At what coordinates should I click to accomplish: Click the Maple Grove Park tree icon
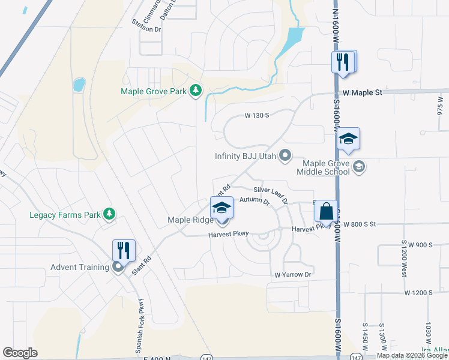[x=195, y=91]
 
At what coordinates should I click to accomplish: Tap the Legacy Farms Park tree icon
[x=109, y=214]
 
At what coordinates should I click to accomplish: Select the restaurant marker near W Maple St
[x=343, y=62]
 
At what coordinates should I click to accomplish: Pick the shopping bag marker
[x=325, y=212]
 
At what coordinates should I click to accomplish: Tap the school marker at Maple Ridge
[x=221, y=209]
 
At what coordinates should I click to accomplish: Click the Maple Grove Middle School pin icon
[x=359, y=167]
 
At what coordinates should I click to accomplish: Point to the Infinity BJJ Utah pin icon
[x=286, y=156]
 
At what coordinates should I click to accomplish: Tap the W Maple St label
[x=363, y=92]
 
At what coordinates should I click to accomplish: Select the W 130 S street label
[x=259, y=115]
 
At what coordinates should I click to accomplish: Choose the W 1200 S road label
[x=418, y=293]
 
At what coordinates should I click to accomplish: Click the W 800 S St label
[x=360, y=224]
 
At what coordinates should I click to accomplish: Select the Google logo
[x=20, y=353]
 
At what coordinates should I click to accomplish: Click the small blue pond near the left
[x=79, y=84]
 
